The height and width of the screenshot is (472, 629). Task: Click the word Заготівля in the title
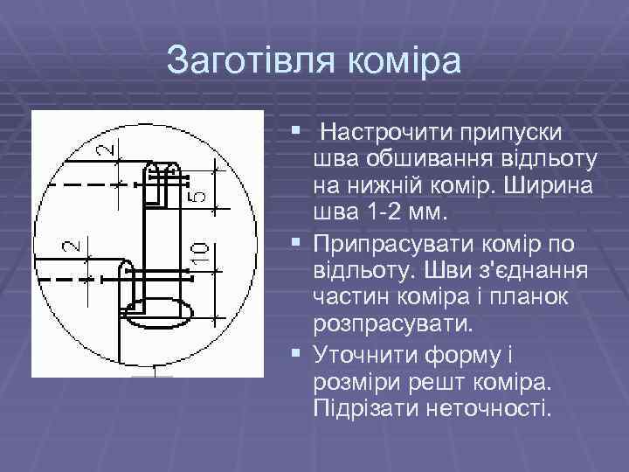coord(249,61)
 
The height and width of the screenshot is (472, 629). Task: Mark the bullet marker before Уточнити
coord(299,354)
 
